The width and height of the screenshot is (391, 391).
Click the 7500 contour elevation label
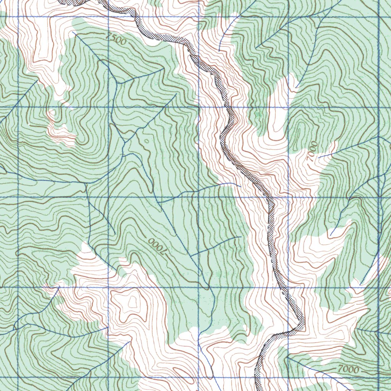pyautogui.click(x=116, y=39)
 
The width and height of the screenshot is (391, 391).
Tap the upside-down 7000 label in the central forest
pyautogui.click(x=157, y=246)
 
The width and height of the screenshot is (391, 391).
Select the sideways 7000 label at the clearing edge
pyautogui.click(x=313, y=151)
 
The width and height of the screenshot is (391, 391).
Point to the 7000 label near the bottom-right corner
pyautogui.click(x=348, y=370)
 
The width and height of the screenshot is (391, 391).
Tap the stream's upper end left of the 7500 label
pyautogui.click(x=73, y=32)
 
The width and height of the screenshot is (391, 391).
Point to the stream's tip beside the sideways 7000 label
pyautogui.click(x=318, y=157)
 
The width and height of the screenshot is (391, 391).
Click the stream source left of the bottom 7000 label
pyautogui.click(x=287, y=358)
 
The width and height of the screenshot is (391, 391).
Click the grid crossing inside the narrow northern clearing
pyautogui.click(x=288, y=107)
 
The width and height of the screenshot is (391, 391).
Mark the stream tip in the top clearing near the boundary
pyautogui.click(x=219, y=51)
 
